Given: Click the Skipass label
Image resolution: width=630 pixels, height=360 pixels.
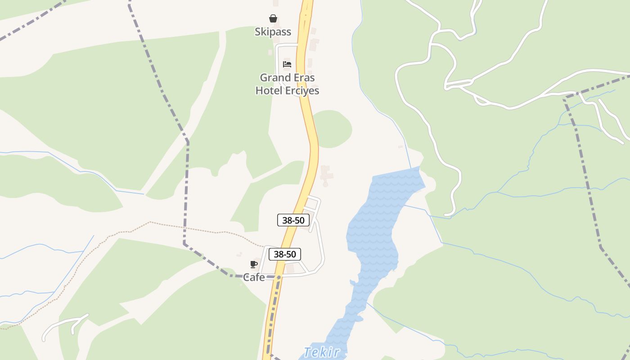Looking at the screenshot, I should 273,32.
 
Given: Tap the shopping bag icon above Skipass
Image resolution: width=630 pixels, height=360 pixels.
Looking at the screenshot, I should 273,18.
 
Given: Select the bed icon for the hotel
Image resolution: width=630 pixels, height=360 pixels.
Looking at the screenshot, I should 287,64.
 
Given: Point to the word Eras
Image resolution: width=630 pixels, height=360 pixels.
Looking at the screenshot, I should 305,77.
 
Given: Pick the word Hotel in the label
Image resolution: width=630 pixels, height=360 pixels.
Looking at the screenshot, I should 269,90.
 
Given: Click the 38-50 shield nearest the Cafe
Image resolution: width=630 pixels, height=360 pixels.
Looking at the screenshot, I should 285,254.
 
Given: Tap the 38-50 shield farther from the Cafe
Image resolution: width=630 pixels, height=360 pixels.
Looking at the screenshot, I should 293,220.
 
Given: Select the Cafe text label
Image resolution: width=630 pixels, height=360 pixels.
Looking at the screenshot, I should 254,278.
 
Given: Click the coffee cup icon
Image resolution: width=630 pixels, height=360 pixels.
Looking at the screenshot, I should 254,264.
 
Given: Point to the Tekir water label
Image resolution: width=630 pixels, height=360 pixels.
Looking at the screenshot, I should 321,352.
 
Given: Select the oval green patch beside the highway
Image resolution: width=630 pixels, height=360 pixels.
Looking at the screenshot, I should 332,128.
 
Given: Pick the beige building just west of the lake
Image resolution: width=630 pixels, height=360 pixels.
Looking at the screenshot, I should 326,175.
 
